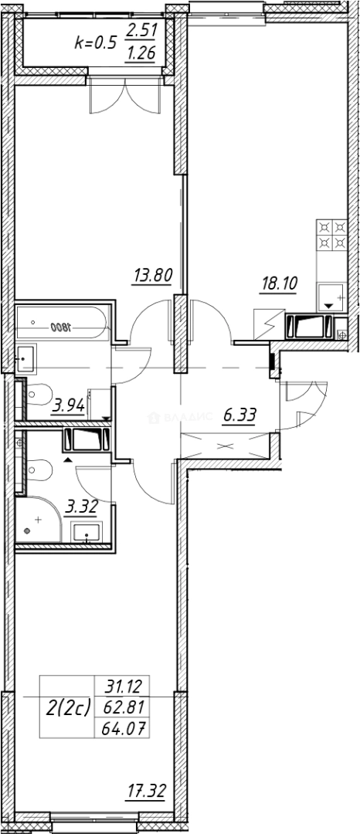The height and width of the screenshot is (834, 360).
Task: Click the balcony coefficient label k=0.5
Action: (x=94, y=42)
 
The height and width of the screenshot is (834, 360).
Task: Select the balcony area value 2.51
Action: (x=140, y=32)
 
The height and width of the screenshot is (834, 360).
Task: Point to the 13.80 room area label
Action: (x=151, y=275)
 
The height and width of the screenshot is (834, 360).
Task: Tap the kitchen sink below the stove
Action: (x=332, y=297)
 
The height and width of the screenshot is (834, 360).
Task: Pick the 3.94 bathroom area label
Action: (x=67, y=404)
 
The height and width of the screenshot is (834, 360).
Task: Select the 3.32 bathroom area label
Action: (x=82, y=507)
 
